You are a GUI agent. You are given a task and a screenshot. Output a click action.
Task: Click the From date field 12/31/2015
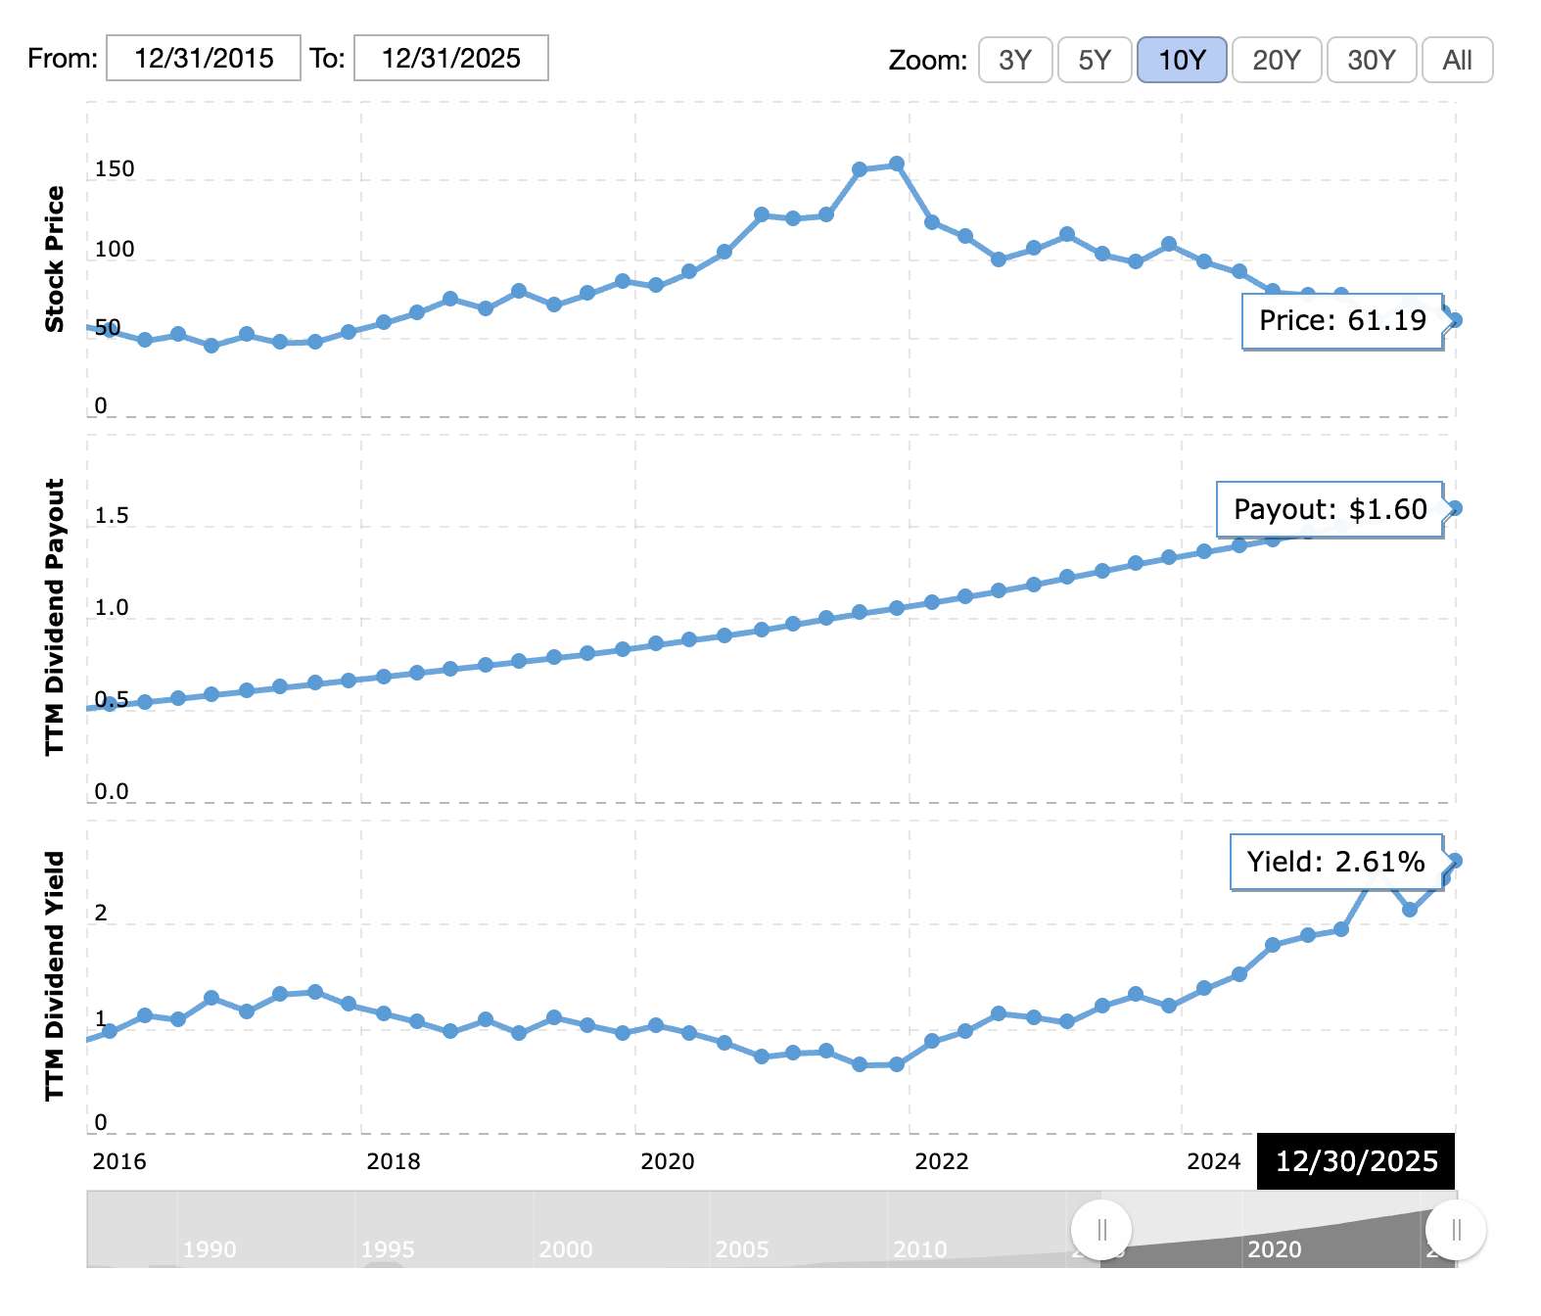203,59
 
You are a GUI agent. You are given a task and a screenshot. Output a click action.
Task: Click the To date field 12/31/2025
450,59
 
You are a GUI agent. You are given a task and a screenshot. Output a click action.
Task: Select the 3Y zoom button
1015,61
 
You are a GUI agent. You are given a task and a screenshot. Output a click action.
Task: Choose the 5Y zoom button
1095,61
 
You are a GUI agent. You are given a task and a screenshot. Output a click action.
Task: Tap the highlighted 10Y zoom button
1182,61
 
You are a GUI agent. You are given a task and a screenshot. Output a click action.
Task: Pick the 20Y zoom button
1277,61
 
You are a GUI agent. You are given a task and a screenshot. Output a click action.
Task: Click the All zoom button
1457,61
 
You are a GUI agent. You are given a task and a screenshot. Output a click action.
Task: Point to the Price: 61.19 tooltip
1342,321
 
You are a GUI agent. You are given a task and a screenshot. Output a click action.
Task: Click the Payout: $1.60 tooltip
1330,509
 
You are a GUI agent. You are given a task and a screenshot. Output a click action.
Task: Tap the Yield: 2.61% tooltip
1335,862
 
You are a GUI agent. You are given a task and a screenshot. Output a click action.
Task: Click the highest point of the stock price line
896,164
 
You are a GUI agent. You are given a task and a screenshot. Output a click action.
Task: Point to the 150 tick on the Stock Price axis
115,169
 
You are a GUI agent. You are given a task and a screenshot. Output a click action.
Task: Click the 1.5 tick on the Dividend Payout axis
112,516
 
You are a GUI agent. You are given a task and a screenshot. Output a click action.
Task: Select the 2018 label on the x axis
393,1161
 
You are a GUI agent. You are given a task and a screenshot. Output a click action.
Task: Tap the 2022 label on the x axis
941,1161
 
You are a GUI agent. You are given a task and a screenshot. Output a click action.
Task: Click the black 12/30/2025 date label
1356,1161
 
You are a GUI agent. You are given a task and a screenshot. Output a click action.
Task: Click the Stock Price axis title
55,259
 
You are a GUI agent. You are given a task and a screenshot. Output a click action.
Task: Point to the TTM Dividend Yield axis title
55,975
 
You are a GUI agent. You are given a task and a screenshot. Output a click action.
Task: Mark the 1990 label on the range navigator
210,1249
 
